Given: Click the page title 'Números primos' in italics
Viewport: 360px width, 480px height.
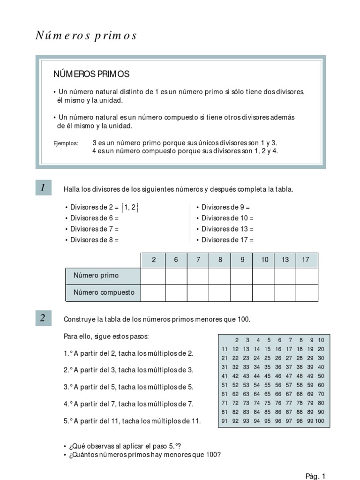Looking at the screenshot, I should (86, 36).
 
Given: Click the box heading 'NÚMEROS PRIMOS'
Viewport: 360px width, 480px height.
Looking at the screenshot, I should (91, 74).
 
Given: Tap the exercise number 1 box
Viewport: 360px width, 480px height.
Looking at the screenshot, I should (43, 188).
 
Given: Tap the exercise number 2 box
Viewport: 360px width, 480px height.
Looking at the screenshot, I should (43, 318).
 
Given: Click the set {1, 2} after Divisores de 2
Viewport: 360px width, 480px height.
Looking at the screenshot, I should (130, 207).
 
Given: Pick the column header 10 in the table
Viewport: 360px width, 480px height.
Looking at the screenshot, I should (265, 260).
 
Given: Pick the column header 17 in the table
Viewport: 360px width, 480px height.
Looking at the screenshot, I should (306, 260).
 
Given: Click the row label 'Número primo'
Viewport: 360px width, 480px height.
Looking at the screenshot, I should (96, 275).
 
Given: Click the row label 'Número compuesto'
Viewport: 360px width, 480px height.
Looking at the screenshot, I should (104, 292).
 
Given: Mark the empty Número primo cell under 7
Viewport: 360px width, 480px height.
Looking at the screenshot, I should (198, 276).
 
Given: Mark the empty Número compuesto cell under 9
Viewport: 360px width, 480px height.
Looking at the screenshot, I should (242, 292).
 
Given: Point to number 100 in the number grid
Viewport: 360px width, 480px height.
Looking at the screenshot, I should (319, 421).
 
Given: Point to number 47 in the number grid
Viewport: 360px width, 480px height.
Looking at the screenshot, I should (289, 376).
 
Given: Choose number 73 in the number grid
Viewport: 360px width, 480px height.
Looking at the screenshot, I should (246, 403).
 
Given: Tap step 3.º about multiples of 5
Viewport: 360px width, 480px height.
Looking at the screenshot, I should (128, 387).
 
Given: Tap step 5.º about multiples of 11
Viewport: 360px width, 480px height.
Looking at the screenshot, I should (132, 421).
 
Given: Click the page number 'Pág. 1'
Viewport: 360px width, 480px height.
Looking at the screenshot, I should (315, 477).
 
